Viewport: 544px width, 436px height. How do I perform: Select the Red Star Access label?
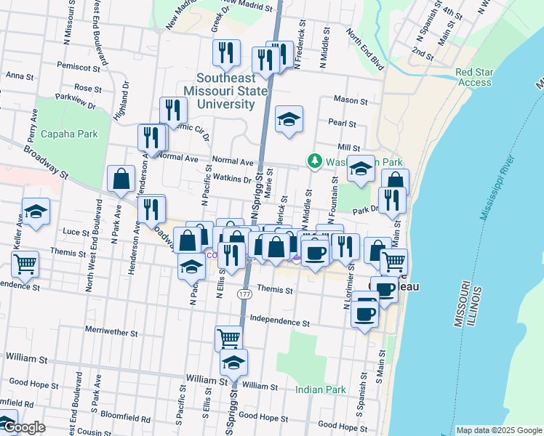tap(475, 77)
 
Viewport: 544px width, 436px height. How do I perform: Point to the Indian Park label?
tap(321, 390)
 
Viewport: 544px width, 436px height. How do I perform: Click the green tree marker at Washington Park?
tap(315, 160)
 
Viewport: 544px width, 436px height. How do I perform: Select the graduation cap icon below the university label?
tap(289, 121)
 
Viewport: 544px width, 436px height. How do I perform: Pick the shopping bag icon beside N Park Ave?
tap(121, 179)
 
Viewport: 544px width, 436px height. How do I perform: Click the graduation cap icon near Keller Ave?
tap(36, 212)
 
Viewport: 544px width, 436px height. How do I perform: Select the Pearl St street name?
tap(340, 124)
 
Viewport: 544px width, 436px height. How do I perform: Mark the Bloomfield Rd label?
tap(126, 419)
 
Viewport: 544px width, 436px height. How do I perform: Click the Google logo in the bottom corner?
tap(24, 427)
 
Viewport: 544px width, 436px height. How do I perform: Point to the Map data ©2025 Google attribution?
tap(499, 430)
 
